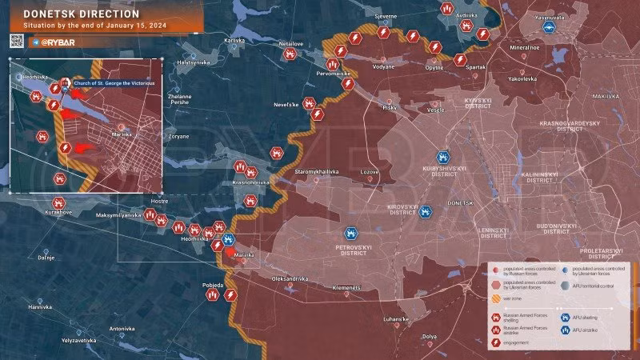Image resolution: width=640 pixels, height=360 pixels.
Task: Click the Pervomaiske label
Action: [x=335, y=74]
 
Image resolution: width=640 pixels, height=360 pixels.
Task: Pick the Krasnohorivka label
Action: [x=250, y=182]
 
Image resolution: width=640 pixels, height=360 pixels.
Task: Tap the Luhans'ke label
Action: [x=395, y=319]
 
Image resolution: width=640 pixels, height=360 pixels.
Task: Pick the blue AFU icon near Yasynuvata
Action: [x=550, y=27]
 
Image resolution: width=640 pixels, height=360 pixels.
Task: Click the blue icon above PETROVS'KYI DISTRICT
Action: [x=350, y=234]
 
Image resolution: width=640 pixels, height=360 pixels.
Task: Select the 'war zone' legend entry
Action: [x=511, y=298]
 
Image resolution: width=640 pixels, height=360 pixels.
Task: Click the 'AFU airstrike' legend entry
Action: [x=587, y=329]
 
